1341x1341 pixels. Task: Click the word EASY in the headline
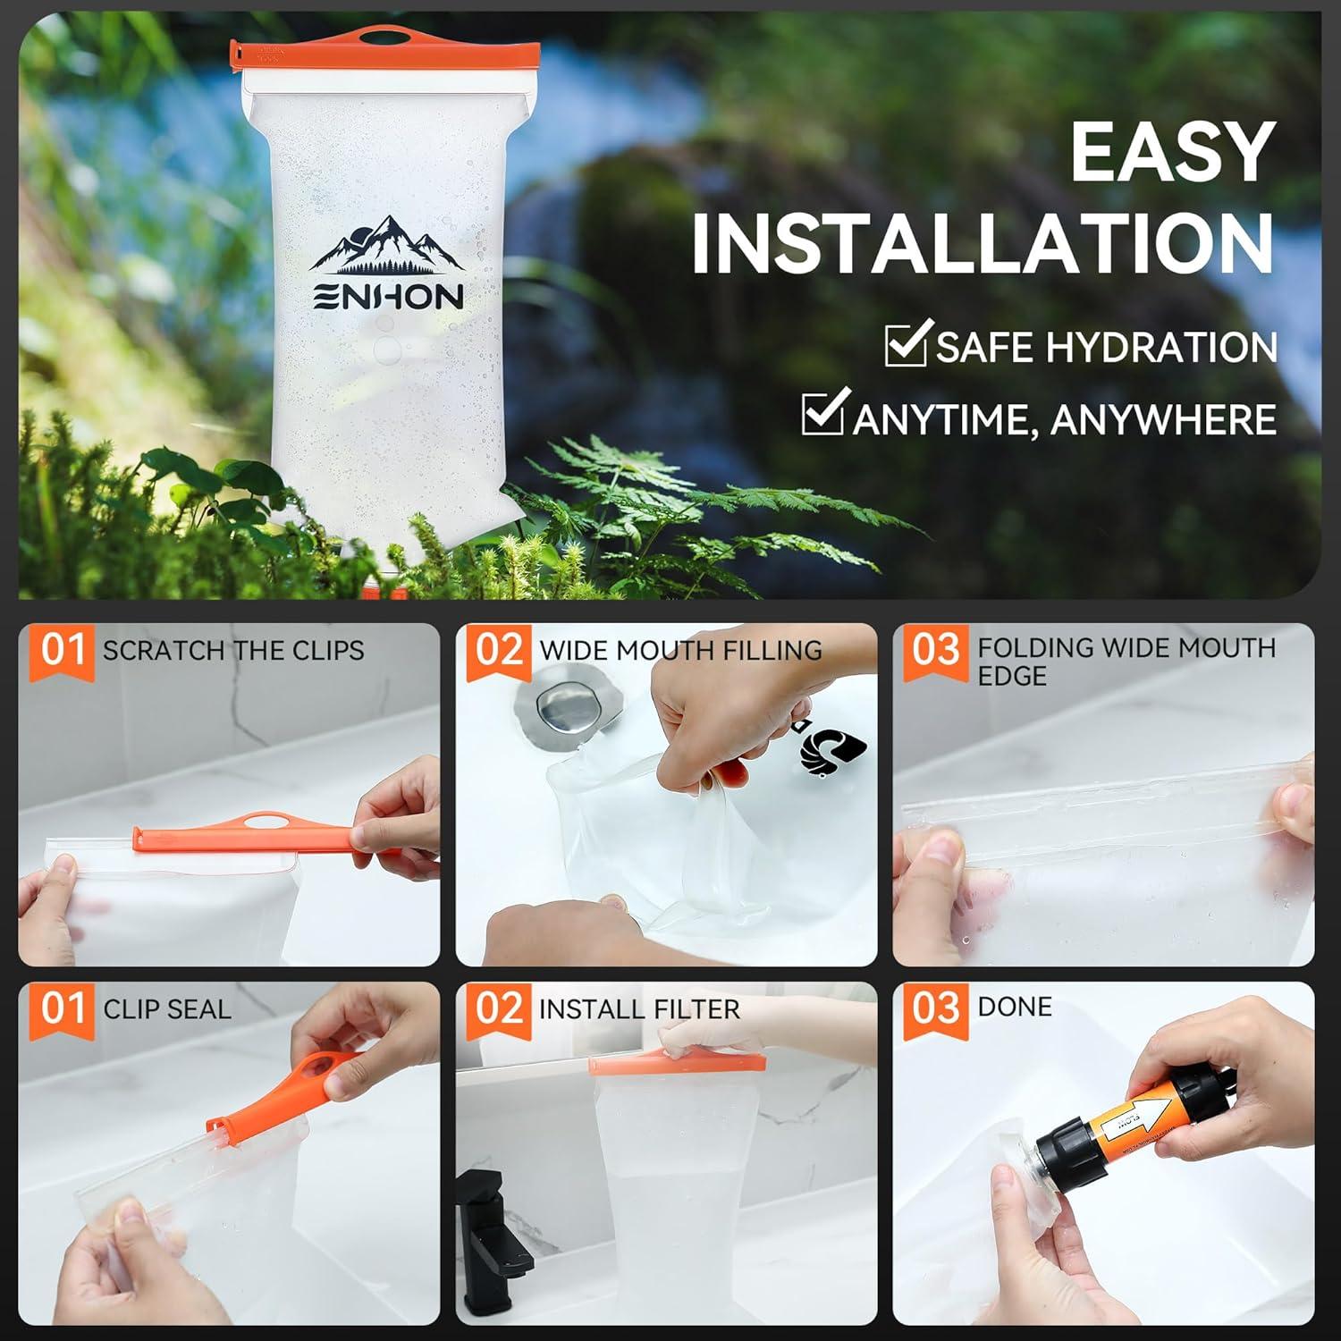[1172, 152]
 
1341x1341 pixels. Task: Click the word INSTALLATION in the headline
[983, 243]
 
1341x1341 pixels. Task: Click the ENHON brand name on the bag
[387, 297]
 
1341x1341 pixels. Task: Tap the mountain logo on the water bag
[387, 246]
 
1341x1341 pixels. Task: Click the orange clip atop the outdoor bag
[384, 53]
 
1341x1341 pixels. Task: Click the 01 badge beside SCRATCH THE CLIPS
[62, 650]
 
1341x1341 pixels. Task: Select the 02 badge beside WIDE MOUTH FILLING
[499, 650]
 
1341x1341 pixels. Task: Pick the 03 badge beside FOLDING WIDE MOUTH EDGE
[935, 650]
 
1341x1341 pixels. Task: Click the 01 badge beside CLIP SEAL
[62, 1009]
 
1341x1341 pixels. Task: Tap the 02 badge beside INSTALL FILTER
[499, 1009]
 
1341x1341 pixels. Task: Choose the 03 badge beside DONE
[935, 1009]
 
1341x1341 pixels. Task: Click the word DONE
[1014, 1007]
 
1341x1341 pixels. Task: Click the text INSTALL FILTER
[638, 1009]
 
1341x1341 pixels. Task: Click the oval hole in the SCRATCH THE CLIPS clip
[259, 821]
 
